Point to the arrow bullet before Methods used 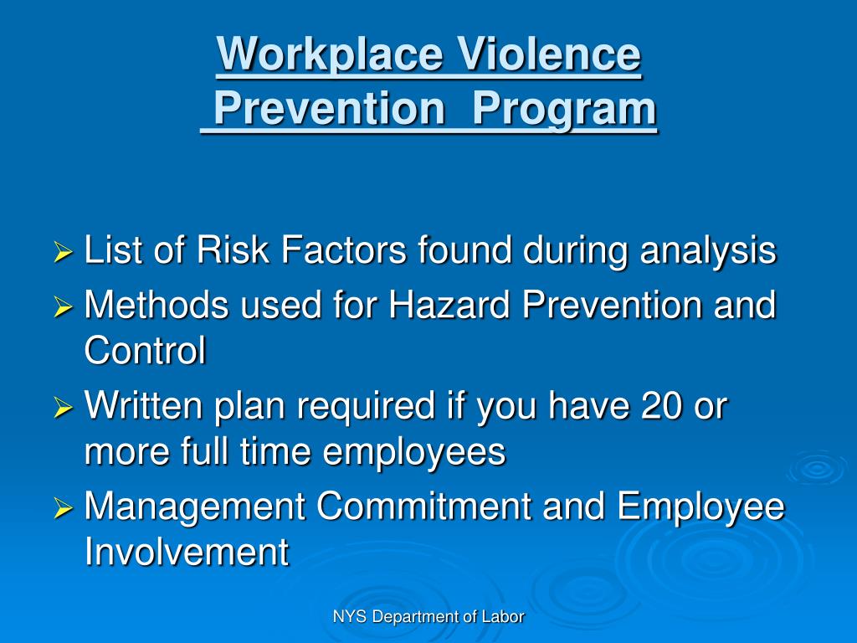tap(64, 307)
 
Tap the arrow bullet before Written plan tap(64, 409)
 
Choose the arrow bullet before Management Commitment tap(64, 508)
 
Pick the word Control tap(145, 352)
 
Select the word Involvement tap(187, 553)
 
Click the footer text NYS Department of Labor tap(428, 617)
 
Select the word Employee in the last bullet tap(701, 508)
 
